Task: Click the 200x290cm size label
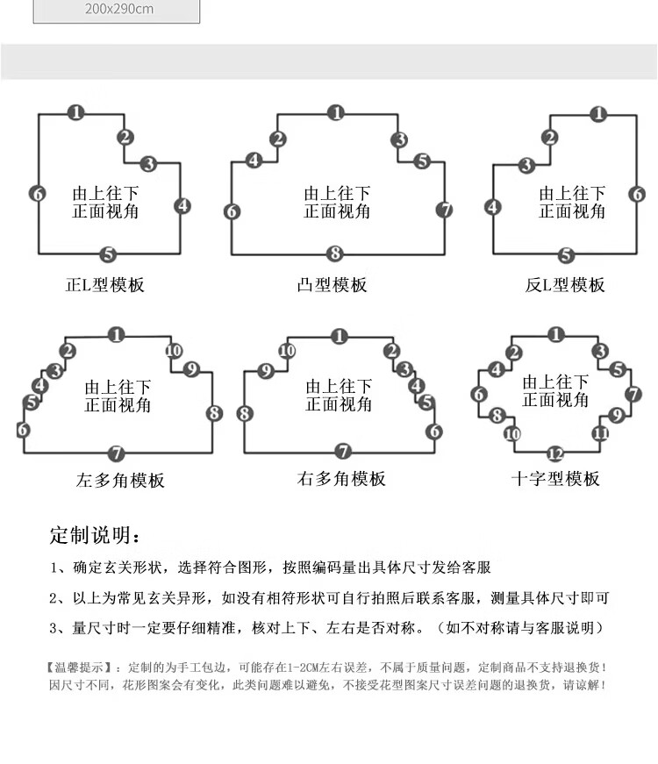pos(119,9)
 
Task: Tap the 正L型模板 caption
pos(104,284)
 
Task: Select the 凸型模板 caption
pos(332,284)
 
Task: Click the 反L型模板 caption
pos(565,284)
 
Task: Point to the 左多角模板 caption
pos(120,480)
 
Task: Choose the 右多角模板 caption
pos(341,478)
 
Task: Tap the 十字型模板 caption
pos(555,478)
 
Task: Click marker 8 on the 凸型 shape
pos(335,253)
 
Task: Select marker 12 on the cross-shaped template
pos(555,454)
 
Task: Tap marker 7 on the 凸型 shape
pos(444,210)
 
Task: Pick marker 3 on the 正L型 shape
pos(148,163)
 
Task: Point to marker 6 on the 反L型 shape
pos(637,194)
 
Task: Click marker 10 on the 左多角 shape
pos(174,350)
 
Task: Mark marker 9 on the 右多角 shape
pos(266,371)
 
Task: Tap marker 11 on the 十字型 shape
pos(600,433)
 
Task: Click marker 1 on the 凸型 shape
pos(336,113)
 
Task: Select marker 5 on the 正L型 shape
pos(108,253)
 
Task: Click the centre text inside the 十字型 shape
pos(555,390)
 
